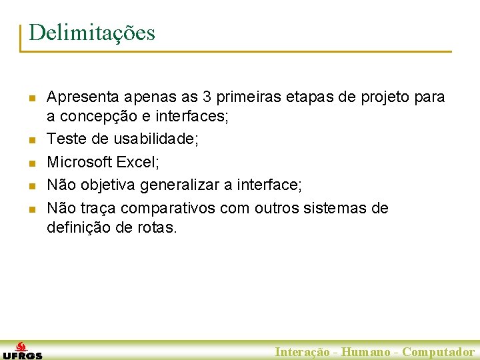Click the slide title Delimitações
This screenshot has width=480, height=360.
click(92, 32)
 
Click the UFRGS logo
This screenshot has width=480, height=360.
click(22, 351)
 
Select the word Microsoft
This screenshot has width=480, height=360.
click(79, 162)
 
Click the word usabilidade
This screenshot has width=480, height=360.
click(150, 139)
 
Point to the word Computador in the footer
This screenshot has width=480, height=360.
click(438, 352)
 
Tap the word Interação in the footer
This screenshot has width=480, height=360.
click(302, 352)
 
